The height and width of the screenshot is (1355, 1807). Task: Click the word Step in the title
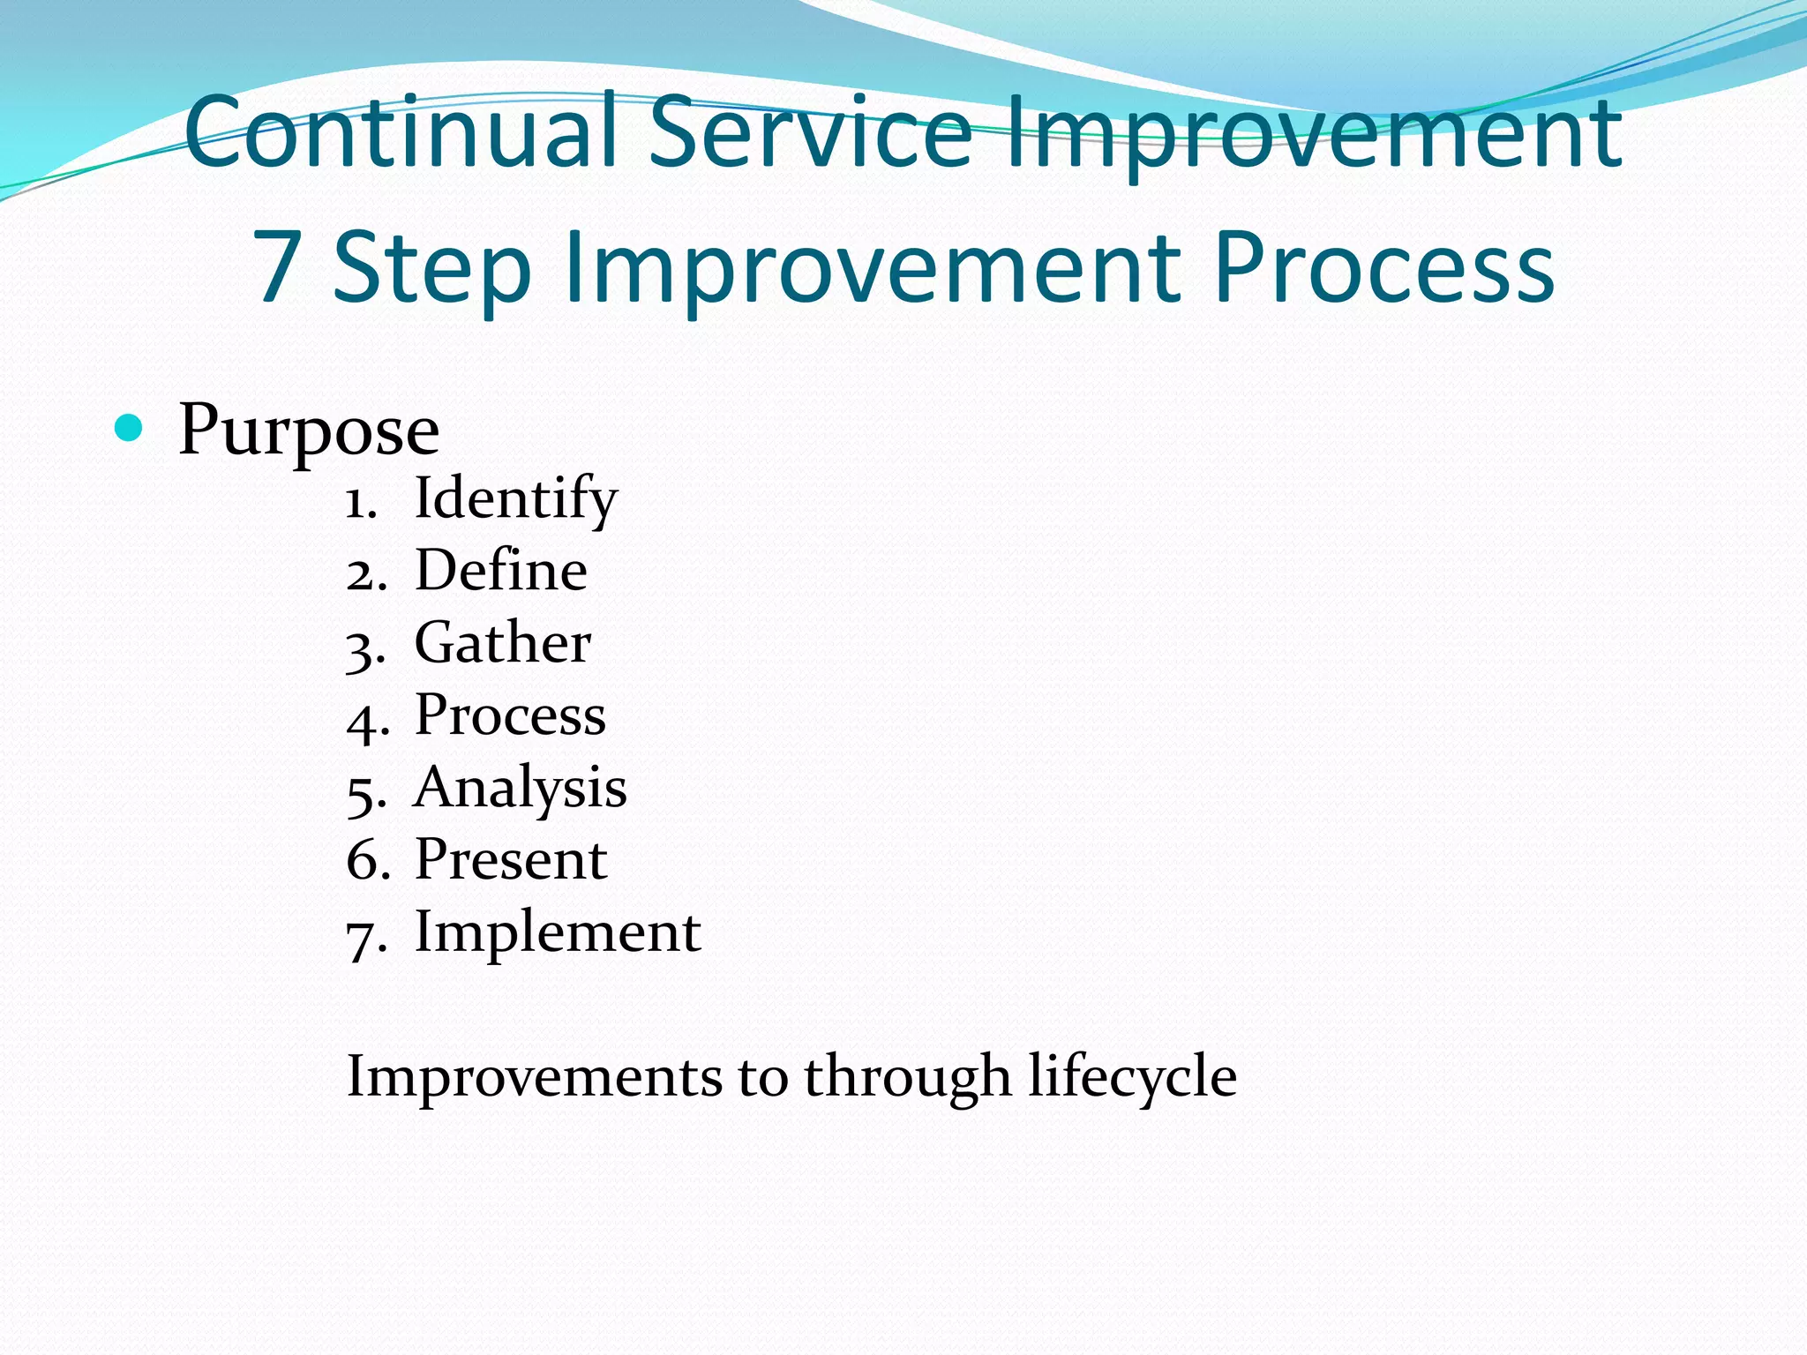(x=432, y=269)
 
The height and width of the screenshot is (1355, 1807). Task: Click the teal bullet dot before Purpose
(x=129, y=429)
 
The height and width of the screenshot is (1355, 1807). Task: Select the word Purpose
(x=309, y=430)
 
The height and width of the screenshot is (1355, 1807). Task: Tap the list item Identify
(x=515, y=499)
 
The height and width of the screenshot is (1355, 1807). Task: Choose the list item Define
(x=500, y=571)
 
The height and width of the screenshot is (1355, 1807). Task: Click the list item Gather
(x=502, y=643)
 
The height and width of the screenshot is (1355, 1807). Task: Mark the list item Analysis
(x=520, y=788)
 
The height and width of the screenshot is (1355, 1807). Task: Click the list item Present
(x=511, y=860)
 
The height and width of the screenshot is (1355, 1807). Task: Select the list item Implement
(x=558, y=932)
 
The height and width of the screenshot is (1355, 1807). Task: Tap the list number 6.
(x=363, y=861)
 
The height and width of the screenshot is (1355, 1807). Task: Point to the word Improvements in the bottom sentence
(x=534, y=1077)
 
